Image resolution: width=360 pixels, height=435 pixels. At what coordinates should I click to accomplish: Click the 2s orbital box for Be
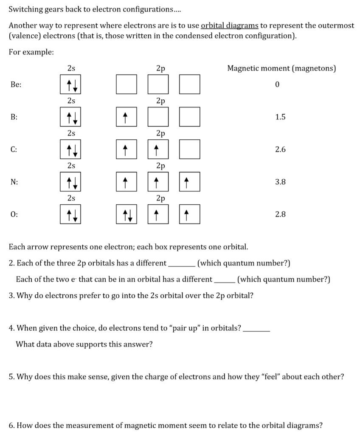[71, 84]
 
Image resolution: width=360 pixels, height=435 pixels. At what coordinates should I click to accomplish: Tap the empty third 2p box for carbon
[189, 149]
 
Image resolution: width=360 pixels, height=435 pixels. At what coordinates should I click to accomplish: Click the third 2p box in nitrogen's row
[189, 182]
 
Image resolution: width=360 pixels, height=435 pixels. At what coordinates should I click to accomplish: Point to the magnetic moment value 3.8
[280, 182]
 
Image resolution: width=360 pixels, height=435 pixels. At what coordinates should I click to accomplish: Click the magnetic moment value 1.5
[280, 117]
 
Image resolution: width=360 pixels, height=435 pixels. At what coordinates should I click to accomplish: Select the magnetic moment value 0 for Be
[277, 85]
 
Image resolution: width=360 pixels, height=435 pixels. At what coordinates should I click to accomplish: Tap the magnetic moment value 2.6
[280, 149]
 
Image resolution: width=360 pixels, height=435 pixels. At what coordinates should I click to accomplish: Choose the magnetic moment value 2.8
[280, 214]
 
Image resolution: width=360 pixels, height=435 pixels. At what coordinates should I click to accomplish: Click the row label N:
[14, 182]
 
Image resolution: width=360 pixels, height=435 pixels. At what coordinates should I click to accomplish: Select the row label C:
[14, 149]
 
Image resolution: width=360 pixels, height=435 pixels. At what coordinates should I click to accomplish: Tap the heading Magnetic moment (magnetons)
[282, 68]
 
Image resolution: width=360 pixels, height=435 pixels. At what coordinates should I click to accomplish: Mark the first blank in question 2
[182, 263]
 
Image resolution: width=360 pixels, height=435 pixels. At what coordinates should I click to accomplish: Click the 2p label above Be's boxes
[160, 68]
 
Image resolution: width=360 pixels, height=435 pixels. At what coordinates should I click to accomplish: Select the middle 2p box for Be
[158, 84]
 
